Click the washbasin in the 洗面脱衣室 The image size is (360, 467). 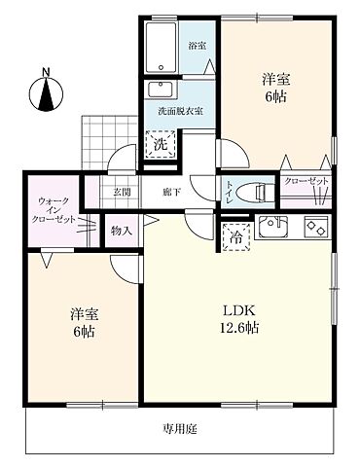pyautogui.click(x=160, y=90)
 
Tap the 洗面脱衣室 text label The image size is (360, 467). pyautogui.click(x=180, y=112)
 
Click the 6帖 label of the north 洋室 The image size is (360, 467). pyautogui.click(x=275, y=96)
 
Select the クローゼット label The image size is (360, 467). pyautogui.click(x=306, y=183)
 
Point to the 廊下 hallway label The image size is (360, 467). pyautogui.click(x=172, y=192)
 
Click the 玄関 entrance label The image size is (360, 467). pyautogui.click(x=122, y=192)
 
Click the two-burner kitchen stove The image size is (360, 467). pyautogui.click(x=317, y=228)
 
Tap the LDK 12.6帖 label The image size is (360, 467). pyautogui.click(x=238, y=318)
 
